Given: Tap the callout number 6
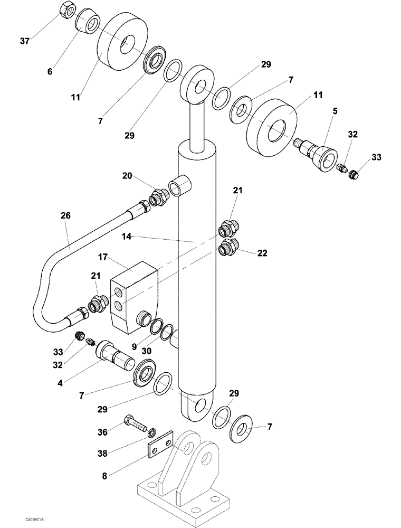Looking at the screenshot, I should point(50,72).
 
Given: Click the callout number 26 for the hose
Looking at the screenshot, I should point(65,216).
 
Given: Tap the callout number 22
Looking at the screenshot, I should point(262,253).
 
